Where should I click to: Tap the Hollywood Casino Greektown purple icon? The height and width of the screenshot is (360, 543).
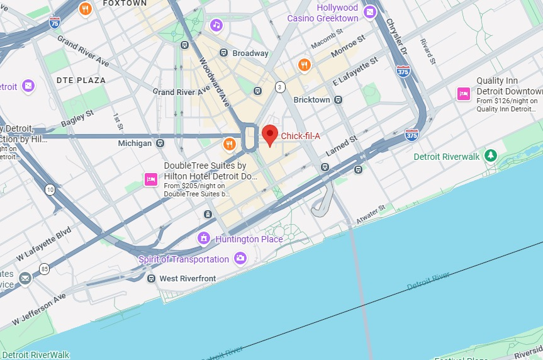pos(371,11)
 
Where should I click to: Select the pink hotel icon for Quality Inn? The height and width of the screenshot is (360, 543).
pos(464,94)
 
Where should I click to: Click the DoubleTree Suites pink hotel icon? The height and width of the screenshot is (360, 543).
pos(151,179)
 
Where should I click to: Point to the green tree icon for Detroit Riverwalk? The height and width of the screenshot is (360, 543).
pos(490,155)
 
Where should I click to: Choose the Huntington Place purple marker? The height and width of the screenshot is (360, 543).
pos(203,239)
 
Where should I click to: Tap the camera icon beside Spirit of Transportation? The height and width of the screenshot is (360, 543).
pos(240,259)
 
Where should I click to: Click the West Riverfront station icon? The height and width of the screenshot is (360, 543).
pos(151,278)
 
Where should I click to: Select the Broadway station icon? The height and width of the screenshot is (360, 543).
pos(223,53)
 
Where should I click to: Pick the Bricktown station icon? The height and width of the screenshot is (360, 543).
pos(339,99)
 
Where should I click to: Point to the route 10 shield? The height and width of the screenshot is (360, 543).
pos(49,189)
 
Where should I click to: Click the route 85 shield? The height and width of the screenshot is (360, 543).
pos(44,269)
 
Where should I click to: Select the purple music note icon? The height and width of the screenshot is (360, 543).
pos(216,25)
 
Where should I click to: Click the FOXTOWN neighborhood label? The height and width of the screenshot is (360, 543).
pos(124,3)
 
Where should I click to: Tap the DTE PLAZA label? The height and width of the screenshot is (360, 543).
pos(81,81)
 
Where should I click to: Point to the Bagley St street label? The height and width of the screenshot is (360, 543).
pos(77,118)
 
